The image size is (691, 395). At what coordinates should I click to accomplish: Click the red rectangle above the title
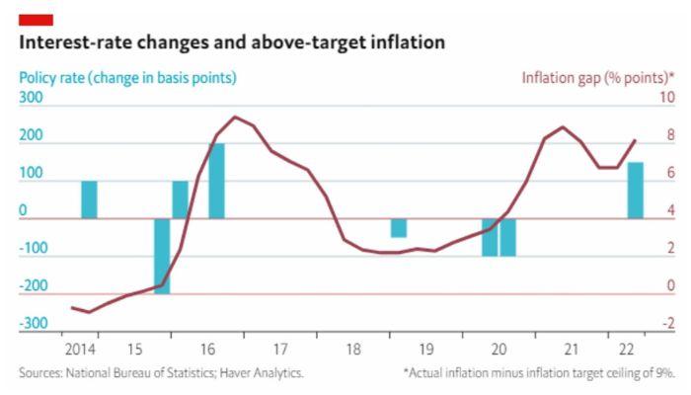[x=36, y=20]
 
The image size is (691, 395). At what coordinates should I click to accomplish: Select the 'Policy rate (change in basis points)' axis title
[x=127, y=78]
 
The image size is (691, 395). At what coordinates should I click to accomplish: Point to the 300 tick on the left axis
[x=31, y=99]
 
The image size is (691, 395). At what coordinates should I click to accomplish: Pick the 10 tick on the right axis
[x=666, y=99]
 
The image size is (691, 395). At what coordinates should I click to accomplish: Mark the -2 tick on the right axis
[x=668, y=324]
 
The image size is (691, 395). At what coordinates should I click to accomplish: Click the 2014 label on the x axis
[x=81, y=349]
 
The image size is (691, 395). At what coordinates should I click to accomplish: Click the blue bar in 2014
[x=89, y=199]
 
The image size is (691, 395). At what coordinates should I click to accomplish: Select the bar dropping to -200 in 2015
[x=162, y=256]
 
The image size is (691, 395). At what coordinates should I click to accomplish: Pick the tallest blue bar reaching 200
[x=216, y=181]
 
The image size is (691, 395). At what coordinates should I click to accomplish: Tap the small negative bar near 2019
[x=398, y=228]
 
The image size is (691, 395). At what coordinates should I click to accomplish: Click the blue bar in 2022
[x=636, y=190]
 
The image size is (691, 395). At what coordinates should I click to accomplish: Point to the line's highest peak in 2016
[x=235, y=117]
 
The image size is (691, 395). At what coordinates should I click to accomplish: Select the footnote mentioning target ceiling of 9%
[x=539, y=373]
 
